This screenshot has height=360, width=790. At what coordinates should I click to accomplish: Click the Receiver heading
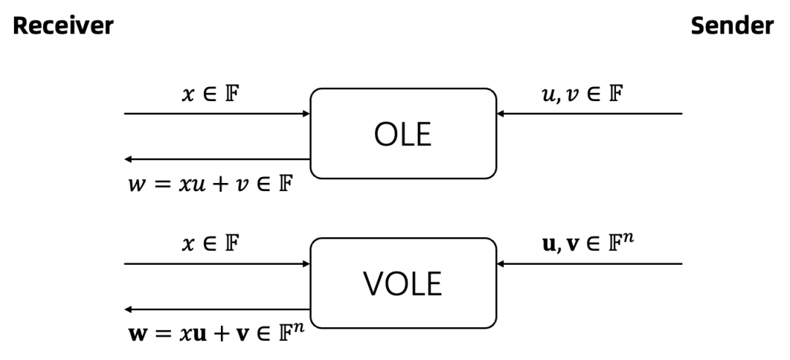63,25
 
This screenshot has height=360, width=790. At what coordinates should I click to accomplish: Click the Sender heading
732,25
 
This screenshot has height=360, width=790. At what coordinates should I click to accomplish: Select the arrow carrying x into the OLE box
217,113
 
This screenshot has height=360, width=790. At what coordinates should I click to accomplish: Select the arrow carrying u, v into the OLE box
590,113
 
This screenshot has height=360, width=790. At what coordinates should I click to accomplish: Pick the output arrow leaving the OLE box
217,160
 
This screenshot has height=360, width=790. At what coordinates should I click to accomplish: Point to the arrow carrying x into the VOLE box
217,263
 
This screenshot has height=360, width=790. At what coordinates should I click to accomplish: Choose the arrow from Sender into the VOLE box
590,263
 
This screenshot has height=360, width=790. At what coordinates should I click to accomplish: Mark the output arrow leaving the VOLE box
217,309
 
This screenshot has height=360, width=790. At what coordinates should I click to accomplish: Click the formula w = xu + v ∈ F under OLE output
211,184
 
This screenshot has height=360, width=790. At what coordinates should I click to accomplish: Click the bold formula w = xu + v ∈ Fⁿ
217,333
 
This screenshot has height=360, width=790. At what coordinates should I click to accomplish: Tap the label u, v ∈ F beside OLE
582,94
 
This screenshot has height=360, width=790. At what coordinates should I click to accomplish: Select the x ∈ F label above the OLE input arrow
210,94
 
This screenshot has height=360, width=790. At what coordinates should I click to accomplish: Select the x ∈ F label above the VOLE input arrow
210,244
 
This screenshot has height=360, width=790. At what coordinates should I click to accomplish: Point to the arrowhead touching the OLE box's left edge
306,113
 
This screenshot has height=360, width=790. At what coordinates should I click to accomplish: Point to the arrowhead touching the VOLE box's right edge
501,263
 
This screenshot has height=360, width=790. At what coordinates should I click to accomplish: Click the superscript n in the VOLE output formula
301,329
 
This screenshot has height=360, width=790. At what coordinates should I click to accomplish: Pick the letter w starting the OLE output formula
137,185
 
